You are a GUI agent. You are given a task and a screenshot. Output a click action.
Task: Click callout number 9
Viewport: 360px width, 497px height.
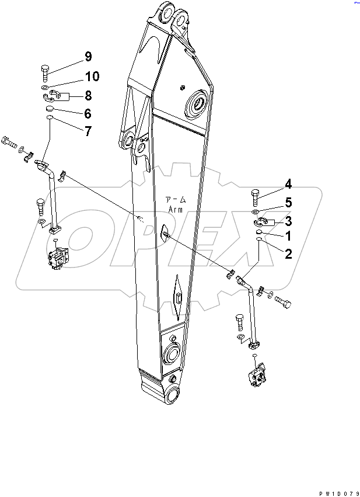tap(88, 57)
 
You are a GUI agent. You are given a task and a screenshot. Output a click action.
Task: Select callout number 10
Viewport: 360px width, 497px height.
tap(92, 77)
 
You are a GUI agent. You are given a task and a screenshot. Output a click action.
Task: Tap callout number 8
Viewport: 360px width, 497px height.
tap(88, 96)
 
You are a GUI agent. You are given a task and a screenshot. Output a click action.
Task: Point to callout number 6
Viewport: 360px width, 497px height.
tap(88, 113)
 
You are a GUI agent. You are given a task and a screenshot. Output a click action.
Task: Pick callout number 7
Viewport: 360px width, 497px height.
tap(88, 131)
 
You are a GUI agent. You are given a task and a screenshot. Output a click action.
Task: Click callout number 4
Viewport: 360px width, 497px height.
tap(288, 185)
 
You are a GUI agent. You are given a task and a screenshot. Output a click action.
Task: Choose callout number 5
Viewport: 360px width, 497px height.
tap(288, 203)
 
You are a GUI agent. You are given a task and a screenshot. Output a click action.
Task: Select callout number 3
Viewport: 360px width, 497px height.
tap(288, 220)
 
